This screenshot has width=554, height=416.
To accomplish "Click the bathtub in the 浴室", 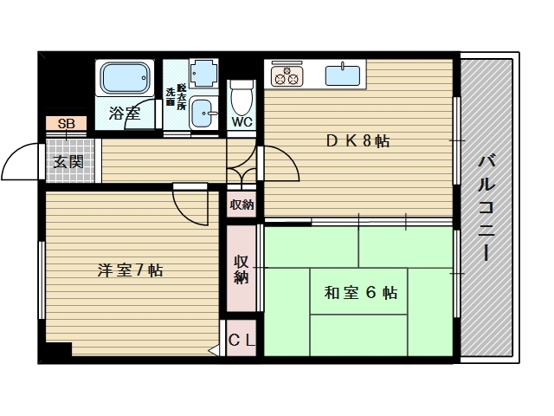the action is [125, 78].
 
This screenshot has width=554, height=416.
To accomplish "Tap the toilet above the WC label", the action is [242, 96].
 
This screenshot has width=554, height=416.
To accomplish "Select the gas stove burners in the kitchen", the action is [287, 75].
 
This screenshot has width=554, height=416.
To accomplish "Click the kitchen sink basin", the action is [343, 75].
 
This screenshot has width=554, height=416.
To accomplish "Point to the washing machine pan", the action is [203, 73].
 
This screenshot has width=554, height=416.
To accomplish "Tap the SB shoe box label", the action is [67, 124].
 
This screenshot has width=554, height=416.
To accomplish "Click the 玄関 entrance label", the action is [68, 162].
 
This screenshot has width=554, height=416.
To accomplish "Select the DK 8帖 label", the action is [358, 141].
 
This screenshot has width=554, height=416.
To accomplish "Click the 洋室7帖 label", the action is [130, 270].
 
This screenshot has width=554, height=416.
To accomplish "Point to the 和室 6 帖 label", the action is [361, 293].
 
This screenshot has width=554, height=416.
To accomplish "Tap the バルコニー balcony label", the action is [486, 208].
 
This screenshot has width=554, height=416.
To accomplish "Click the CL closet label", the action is [242, 341].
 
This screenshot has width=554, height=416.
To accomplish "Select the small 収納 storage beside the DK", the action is [242, 205].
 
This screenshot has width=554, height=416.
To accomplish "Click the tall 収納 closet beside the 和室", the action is [242, 269].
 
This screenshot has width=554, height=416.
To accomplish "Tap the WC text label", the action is [242, 122].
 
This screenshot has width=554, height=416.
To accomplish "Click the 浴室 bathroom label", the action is [125, 114].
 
